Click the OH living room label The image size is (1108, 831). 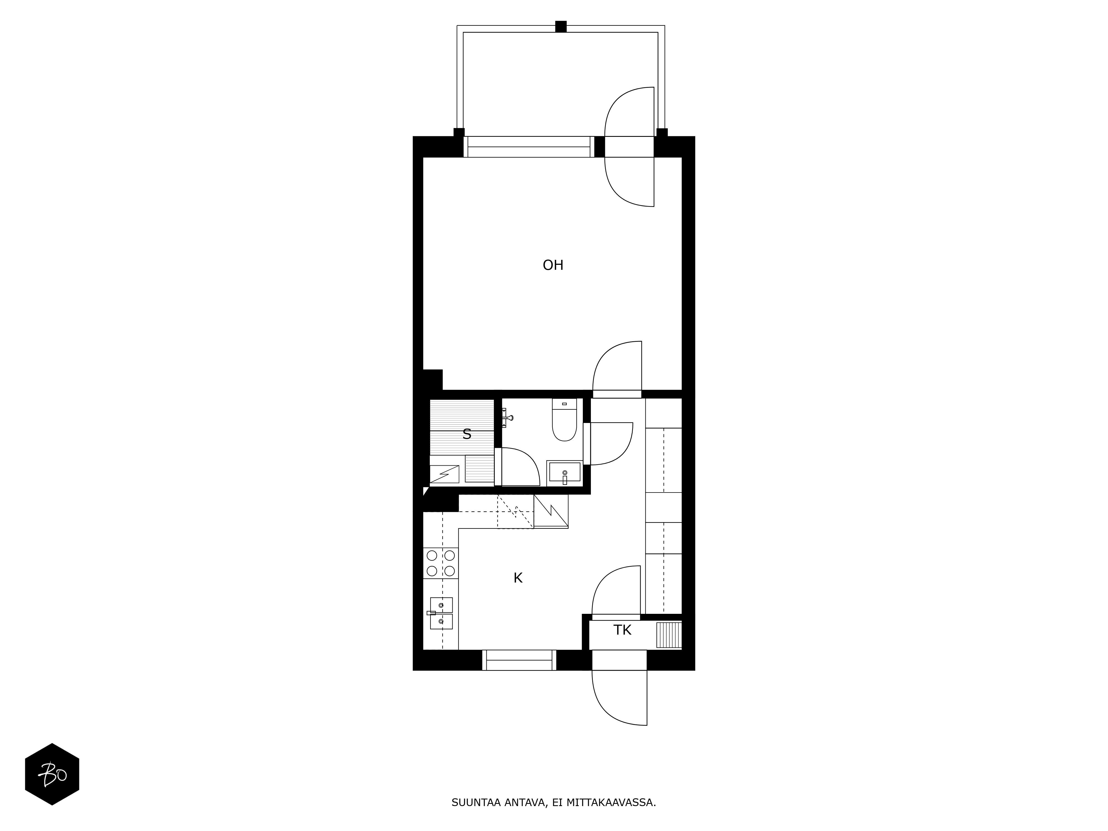(553, 265)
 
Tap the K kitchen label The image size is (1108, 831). (518, 578)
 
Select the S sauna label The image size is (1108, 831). (467, 434)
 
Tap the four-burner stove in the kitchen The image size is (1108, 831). (441, 563)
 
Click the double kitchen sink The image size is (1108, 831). (441, 613)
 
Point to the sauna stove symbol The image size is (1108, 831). (444, 474)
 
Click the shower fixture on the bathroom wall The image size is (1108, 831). (507, 417)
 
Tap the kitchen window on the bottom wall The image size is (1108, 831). (519, 660)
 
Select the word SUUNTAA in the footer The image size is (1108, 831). (476, 802)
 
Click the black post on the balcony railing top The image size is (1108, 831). (561, 27)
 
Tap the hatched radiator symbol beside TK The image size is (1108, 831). (669, 635)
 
